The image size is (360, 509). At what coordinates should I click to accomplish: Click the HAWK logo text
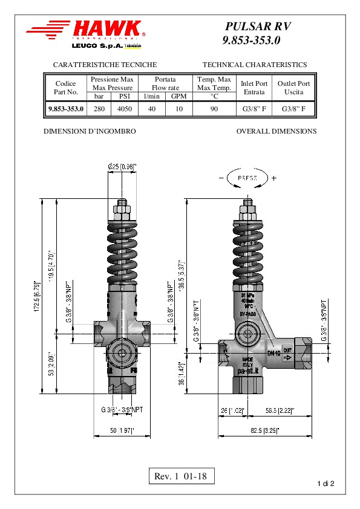coord(108,30)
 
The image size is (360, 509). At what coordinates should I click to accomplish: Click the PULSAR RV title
coord(258,27)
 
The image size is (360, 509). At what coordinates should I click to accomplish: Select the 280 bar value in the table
coord(99,109)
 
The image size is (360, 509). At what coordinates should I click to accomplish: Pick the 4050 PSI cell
coord(125,109)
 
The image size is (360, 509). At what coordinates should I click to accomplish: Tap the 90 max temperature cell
coord(214,109)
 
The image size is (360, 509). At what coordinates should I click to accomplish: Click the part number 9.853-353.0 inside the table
coord(66,109)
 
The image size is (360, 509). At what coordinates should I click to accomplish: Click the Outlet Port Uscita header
coord(293,88)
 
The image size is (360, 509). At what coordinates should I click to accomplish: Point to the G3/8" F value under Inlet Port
coord(254,109)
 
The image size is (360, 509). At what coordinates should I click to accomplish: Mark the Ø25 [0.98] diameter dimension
coord(122,166)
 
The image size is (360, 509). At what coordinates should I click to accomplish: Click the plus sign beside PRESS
coord(274,178)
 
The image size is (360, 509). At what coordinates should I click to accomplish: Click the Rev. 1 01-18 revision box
coord(180,476)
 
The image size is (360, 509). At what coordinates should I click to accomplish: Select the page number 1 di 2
coord(326,484)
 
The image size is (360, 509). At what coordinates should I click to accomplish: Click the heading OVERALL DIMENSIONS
coord(276,131)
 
